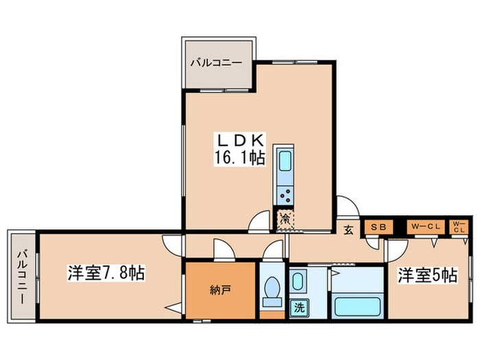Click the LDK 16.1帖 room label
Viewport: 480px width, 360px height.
239,149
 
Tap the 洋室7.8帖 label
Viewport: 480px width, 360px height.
106,273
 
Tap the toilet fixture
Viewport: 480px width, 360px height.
271,293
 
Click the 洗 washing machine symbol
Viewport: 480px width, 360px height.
298,308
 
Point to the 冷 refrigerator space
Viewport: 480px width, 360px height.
285,219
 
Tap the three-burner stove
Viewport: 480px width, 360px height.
285,195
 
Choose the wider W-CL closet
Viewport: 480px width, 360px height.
424,226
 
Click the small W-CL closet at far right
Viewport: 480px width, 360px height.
459,226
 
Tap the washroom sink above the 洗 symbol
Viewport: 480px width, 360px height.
298,281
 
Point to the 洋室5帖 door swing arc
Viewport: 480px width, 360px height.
376,243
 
